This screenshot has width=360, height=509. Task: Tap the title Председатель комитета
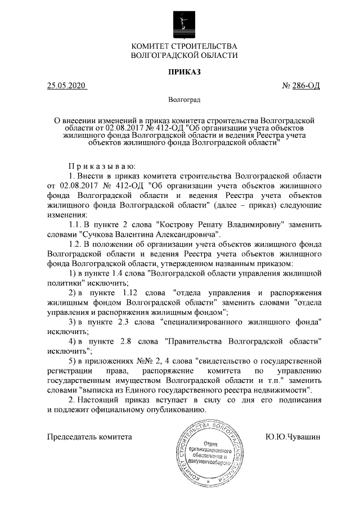89,436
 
